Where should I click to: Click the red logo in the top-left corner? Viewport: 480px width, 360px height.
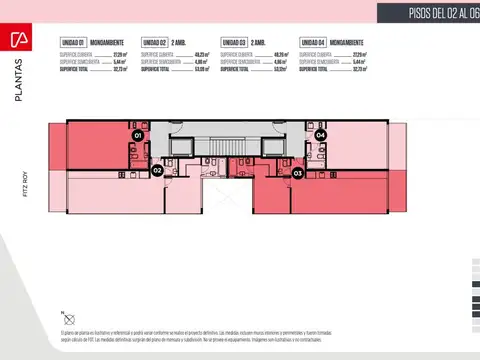(17, 39)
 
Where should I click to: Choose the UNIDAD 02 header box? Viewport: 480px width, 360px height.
(153, 42)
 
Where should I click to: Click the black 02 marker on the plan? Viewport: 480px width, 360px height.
(157, 171)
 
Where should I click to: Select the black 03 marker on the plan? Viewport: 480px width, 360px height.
(298, 173)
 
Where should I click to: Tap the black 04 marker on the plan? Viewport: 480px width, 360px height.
(320, 134)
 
